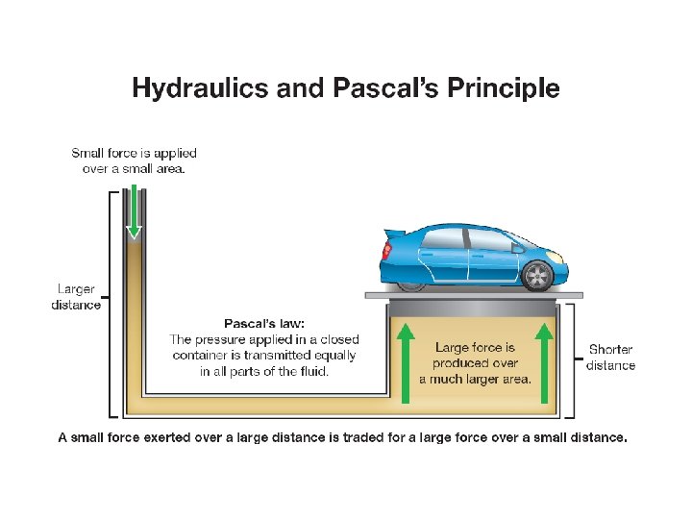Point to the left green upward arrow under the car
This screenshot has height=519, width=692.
pos(406,364)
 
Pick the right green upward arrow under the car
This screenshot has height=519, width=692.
pos(545,364)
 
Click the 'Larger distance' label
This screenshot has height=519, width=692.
pos(76,297)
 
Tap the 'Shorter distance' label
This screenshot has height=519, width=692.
pos(611,358)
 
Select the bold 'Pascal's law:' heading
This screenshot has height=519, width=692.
pos(263,324)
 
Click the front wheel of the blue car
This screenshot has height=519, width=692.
pos(536,276)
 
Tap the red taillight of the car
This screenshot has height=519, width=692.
pos(387,252)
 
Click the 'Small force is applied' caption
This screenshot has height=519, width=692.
pos(135,153)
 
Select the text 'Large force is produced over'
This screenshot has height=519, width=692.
pos(475,356)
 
